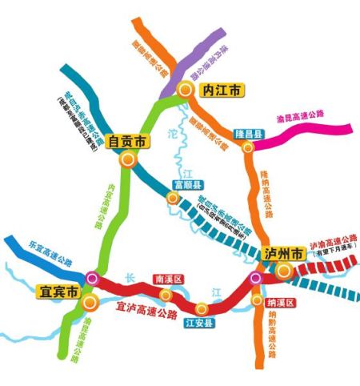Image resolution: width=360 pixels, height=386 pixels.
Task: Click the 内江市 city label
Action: coord(221,90)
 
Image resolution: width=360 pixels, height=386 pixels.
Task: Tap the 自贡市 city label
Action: coord(128,142)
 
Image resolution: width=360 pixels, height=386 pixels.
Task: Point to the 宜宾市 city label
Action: coord(59,292)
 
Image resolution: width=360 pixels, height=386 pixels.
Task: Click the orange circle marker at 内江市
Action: coord(185,90)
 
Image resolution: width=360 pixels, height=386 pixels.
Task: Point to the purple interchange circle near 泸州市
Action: coord(255,279)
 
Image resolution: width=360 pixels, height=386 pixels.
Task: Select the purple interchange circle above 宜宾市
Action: coord(92,278)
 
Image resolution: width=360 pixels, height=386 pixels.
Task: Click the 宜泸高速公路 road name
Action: coord(148,306)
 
